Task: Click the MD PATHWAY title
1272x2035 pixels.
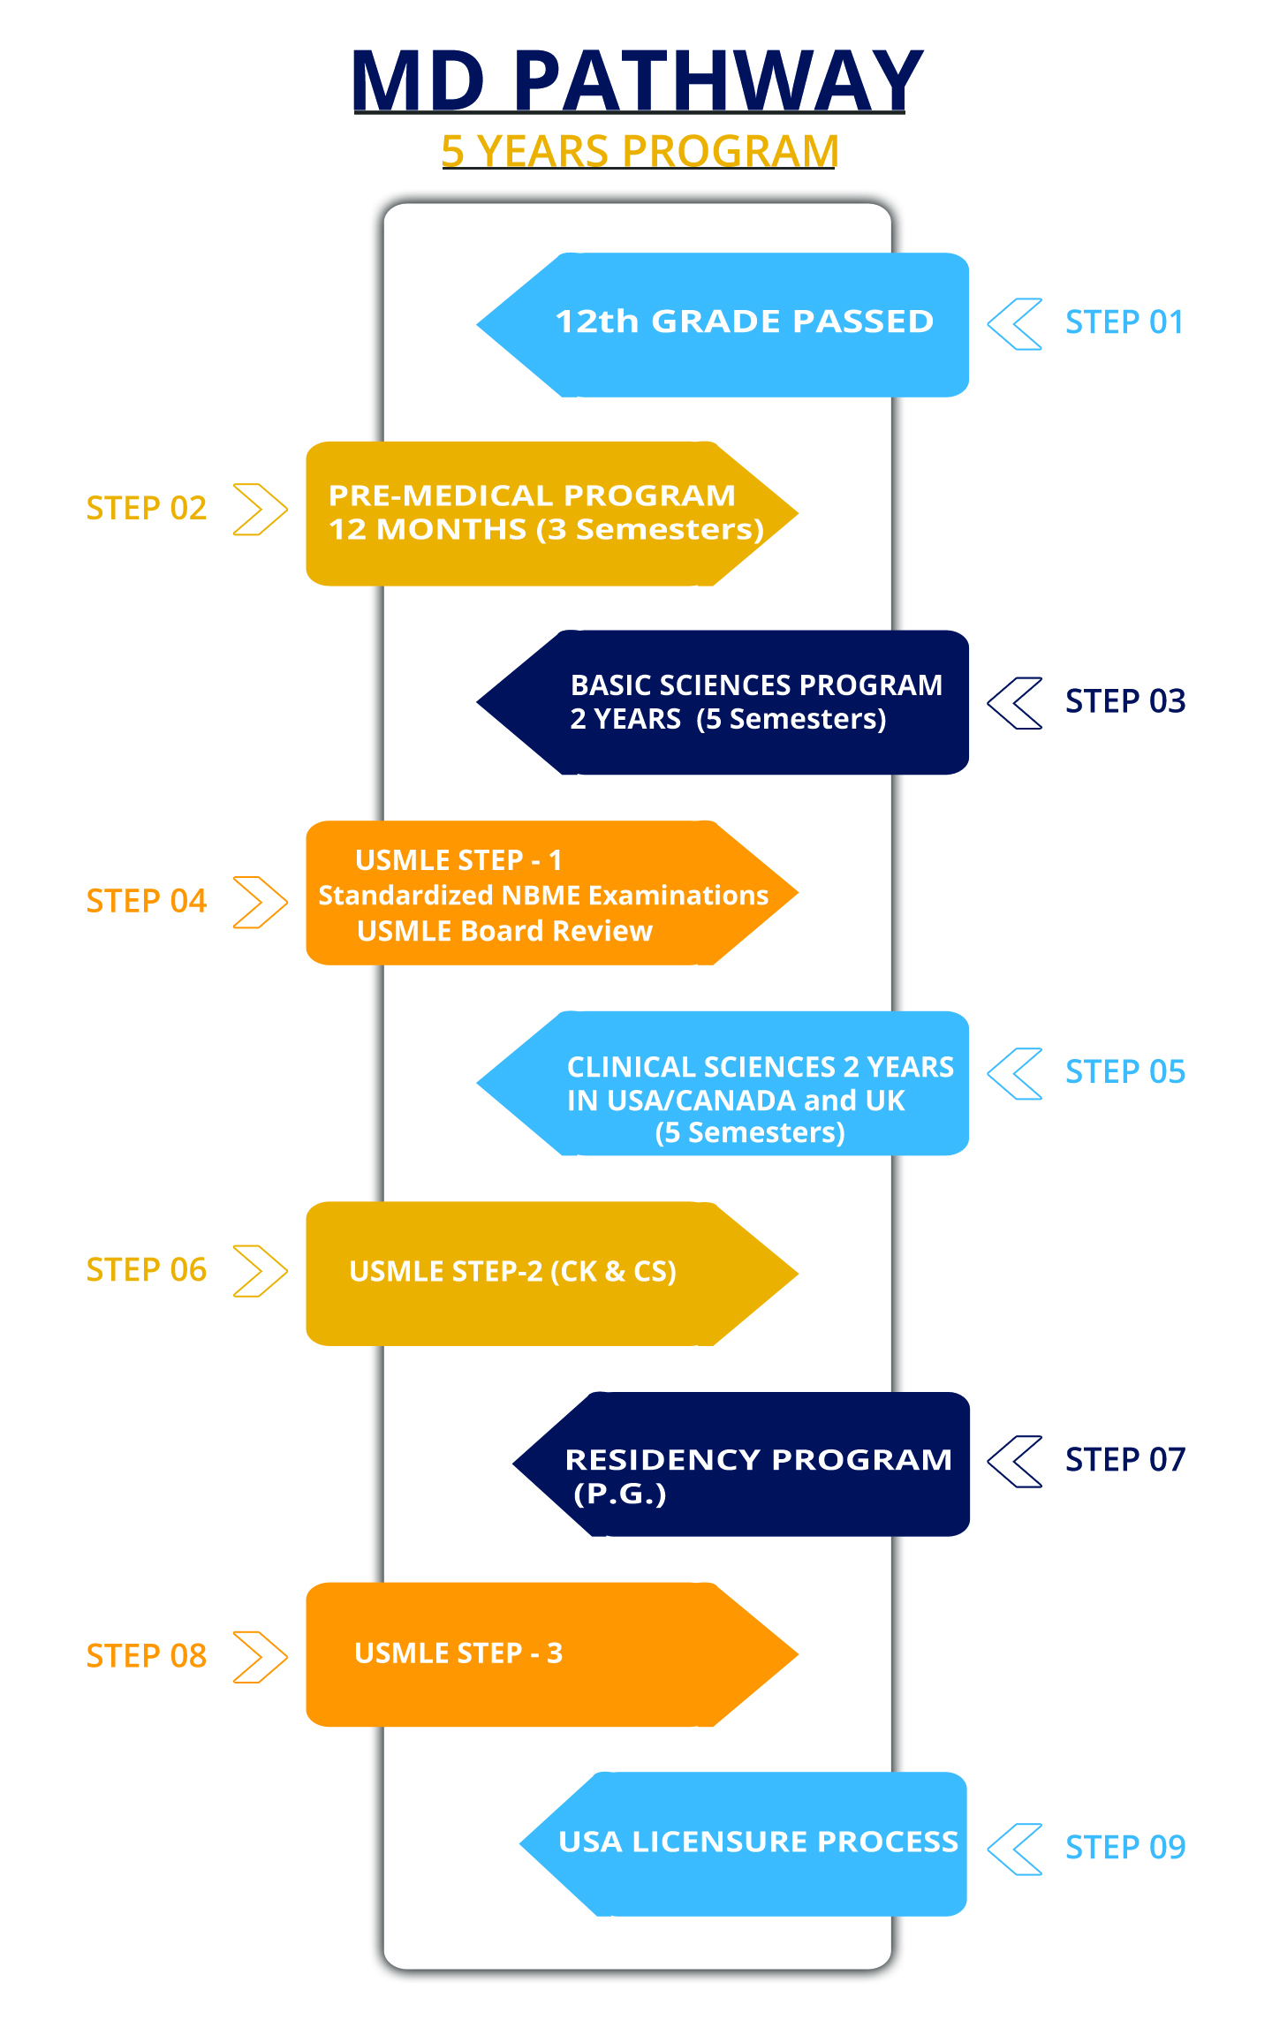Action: click(x=637, y=80)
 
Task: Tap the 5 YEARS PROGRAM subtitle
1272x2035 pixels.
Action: click(x=639, y=151)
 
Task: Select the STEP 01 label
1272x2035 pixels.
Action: click(x=1124, y=322)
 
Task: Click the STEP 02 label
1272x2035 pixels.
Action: click(x=147, y=509)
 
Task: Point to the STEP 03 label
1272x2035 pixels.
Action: click(x=1125, y=701)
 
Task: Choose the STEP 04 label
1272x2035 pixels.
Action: click(x=147, y=902)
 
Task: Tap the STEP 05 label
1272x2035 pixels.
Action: click(x=1125, y=1072)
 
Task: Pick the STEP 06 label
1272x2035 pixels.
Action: click(x=147, y=1270)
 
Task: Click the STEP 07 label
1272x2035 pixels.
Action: click(x=1125, y=1460)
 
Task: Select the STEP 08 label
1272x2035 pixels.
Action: click(x=147, y=1656)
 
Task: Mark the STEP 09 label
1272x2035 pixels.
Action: click(x=1125, y=1848)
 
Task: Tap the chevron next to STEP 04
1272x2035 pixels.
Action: click(x=274, y=903)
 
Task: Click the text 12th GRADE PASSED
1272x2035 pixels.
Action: click(x=744, y=322)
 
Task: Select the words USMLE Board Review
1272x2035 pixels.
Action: click(x=504, y=931)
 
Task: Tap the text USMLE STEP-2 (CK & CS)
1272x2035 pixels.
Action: click(x=512, y=1272)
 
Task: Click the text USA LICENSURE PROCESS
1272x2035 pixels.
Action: click(x=758, y=1842)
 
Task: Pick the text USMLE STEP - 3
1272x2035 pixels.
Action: click(x=458, y=1653)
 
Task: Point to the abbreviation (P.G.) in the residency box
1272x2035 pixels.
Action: click(x=619, y=1494)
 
